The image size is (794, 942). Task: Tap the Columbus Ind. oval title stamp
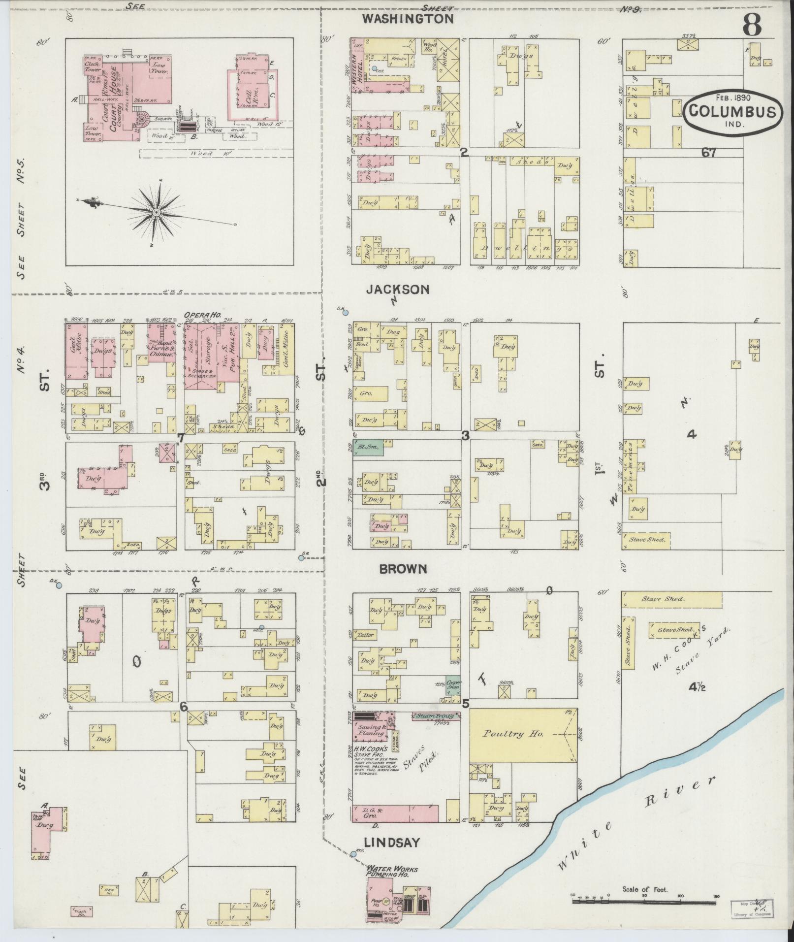(732, 112)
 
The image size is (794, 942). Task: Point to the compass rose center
(156, 212)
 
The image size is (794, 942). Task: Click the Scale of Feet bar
(644, 901)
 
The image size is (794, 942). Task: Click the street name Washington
(408, 19)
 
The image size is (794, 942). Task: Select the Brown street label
(403, 569)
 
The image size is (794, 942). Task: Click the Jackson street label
(397, 290)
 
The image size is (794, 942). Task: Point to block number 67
(709, 153)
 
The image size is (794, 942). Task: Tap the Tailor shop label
(366, 635)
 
